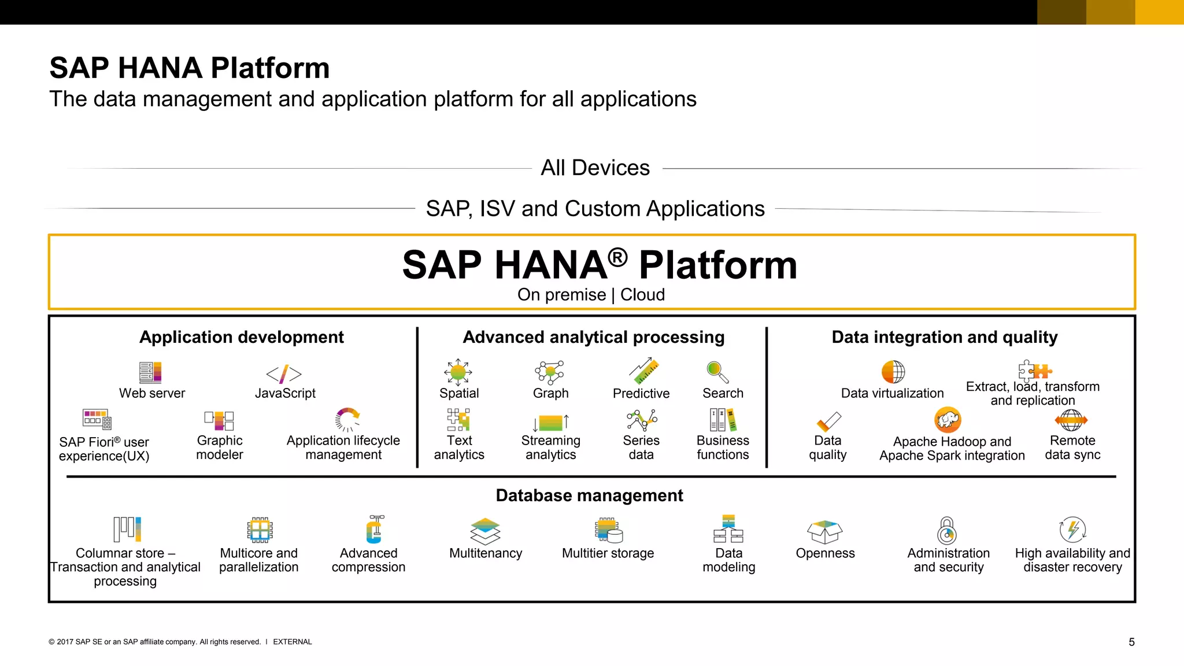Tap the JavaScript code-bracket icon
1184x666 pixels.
click(284, 374)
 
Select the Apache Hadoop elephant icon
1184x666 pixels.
click(948, 420)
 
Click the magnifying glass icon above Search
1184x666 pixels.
click(717, 372)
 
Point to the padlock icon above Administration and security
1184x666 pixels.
click(946, 530)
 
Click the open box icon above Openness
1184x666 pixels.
click(824, 531)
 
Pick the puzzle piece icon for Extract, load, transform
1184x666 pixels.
click(1034, 370)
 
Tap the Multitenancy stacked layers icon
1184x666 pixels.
click(485, 531)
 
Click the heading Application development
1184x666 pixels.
click(242, 337)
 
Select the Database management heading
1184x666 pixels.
click(589, 495)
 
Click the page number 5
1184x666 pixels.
click(1131, 642)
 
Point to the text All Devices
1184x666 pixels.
click(595, 168)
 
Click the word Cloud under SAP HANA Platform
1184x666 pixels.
click(642, 295)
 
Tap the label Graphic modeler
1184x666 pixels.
click(220, 447)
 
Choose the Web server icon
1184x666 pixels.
click(150, 372)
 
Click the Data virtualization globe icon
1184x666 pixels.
click(893, 372)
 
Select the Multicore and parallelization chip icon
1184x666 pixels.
click(260, 530)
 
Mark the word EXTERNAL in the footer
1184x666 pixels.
click(292, 642)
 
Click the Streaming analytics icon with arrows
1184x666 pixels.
click(550, 422)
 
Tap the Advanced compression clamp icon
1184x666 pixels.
click(375, 530)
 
